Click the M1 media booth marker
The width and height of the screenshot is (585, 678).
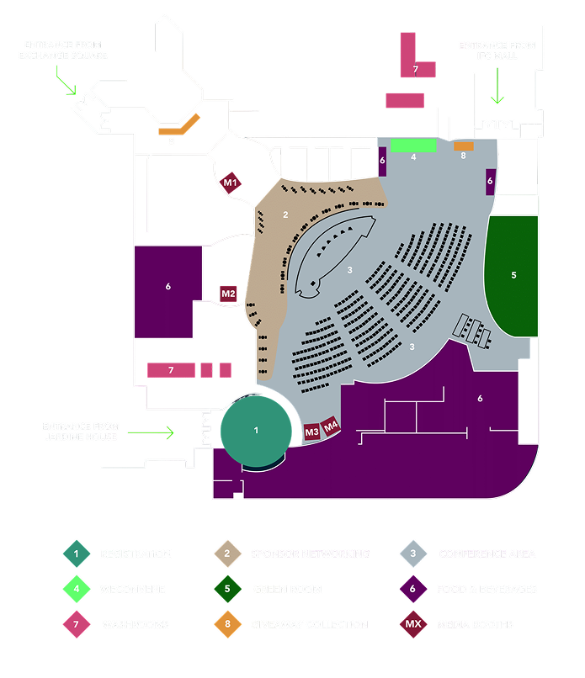230,183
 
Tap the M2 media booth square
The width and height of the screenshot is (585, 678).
228,294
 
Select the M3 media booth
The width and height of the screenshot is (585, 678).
311,432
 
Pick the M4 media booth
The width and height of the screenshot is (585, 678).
331,426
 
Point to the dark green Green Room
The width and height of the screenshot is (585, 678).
513,275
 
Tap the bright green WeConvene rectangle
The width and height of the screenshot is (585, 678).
413,146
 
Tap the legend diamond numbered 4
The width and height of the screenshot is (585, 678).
76,589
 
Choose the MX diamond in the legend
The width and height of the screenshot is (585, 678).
413,624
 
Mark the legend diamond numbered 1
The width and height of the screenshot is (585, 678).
76,554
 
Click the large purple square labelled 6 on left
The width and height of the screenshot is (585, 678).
168,287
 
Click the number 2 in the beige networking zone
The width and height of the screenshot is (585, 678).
285,215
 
